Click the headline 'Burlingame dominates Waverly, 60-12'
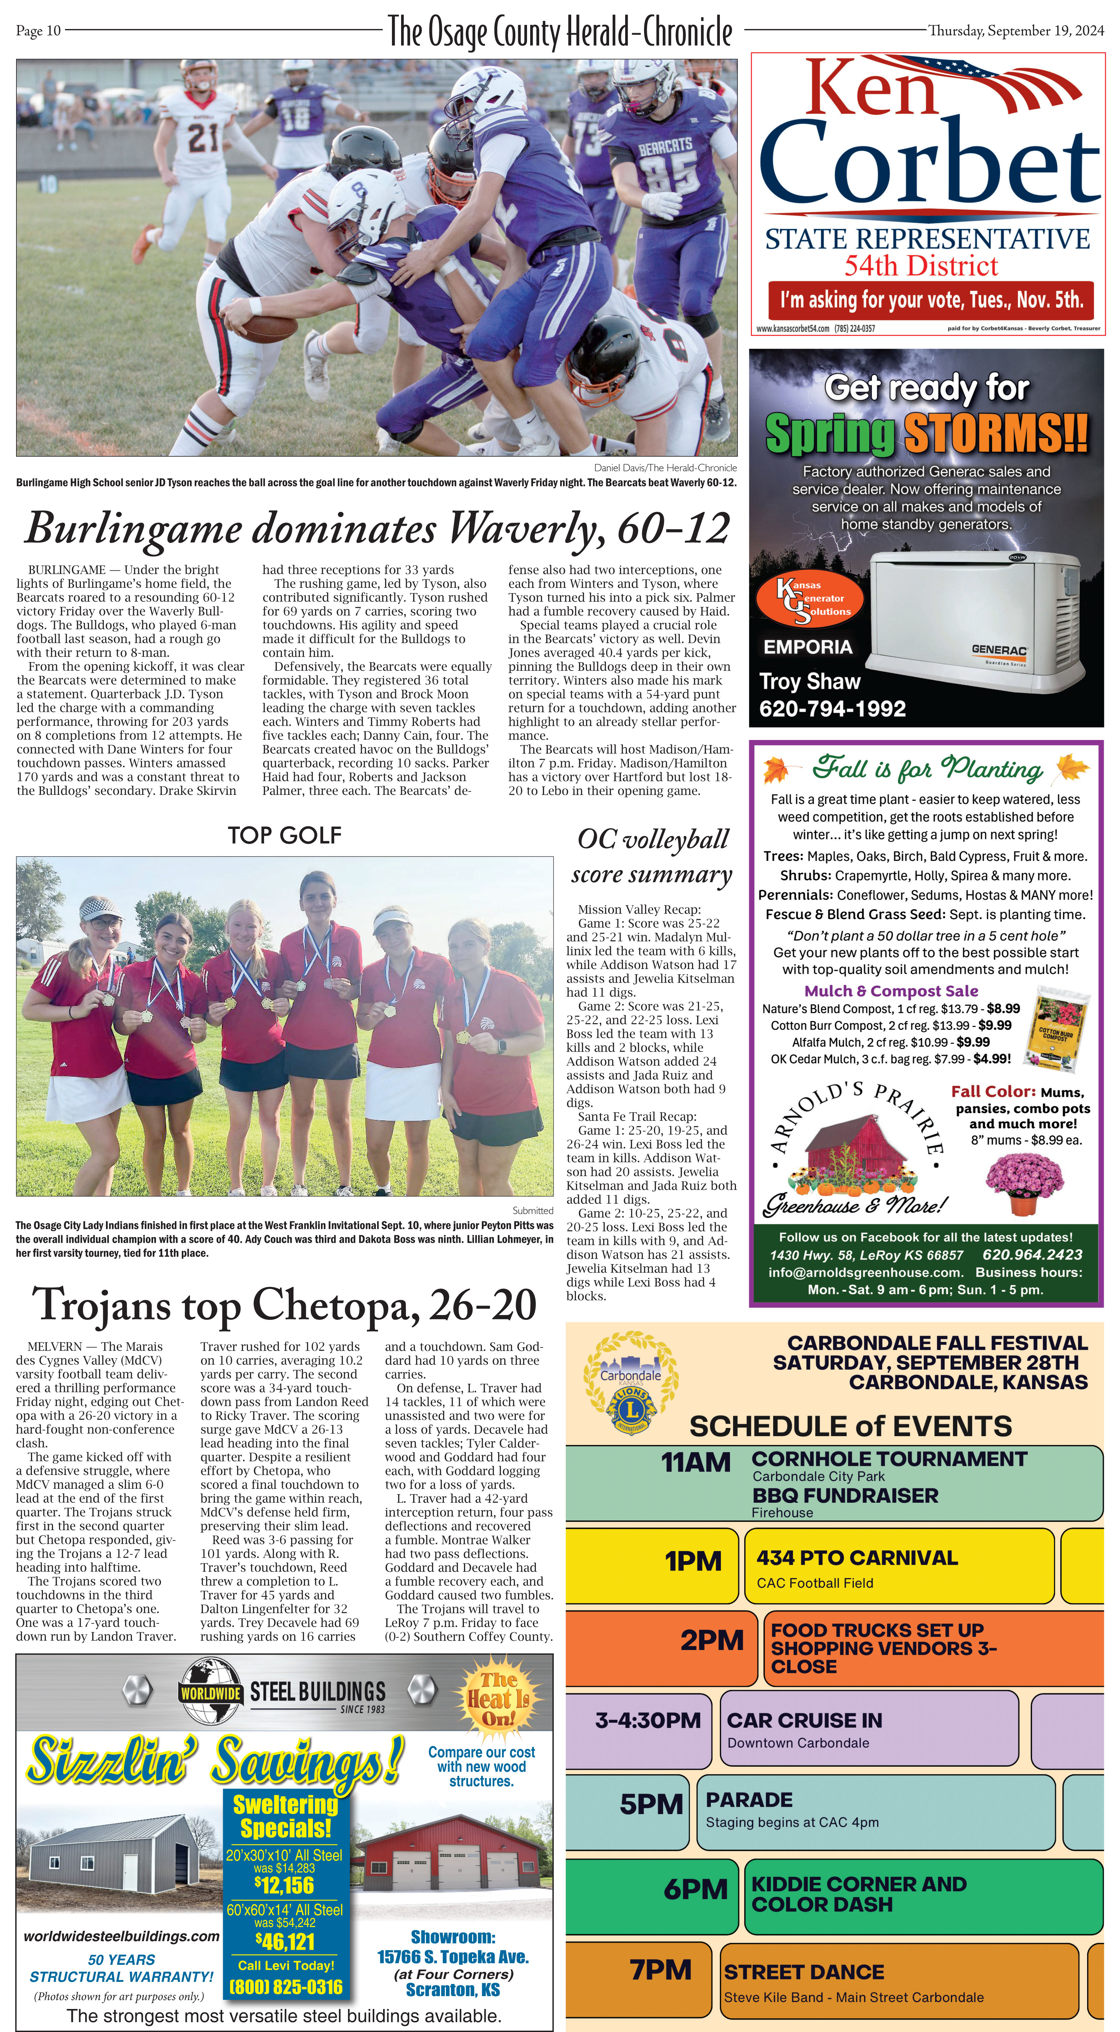point(377,528)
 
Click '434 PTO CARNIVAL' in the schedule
point(856,1557)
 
